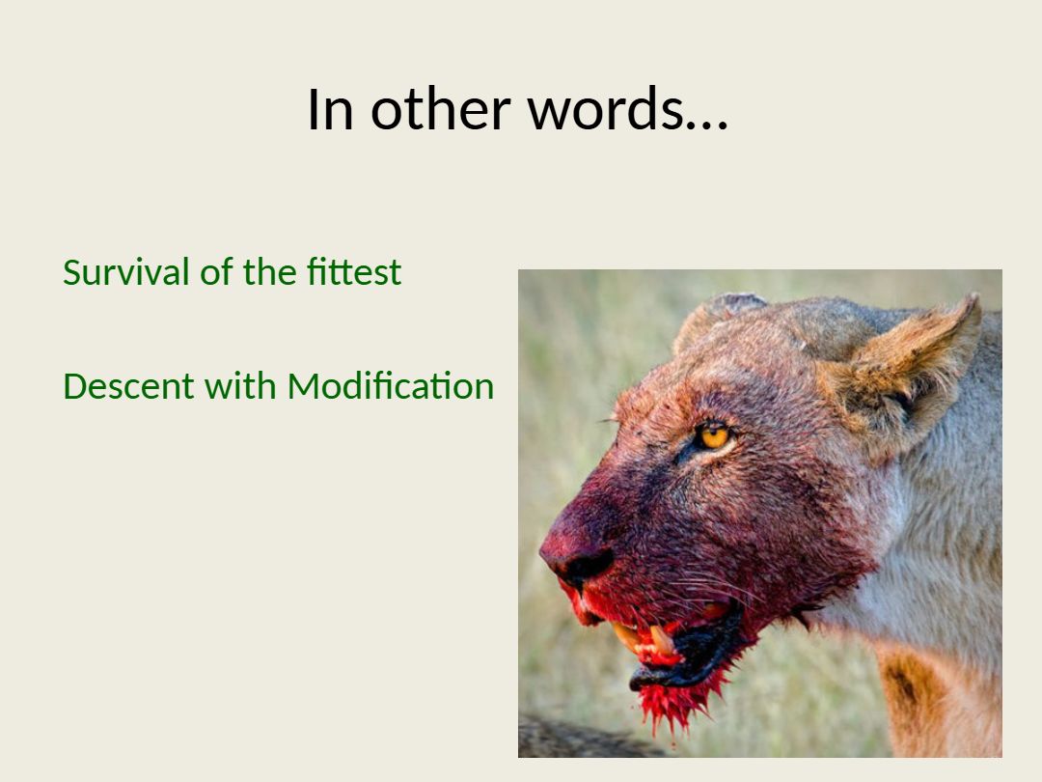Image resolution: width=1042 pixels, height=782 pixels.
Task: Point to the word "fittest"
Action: coord(354,271)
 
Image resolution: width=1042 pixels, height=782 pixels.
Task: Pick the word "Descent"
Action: coord(128,385)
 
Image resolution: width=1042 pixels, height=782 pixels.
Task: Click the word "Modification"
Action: coord(391,385)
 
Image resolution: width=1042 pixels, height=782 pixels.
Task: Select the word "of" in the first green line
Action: coord(216,271)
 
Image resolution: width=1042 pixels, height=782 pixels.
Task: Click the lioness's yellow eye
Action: coord(713,435)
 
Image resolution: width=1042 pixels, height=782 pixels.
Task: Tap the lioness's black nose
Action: coord(585,565)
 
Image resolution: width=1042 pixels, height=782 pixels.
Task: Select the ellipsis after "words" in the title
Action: coord(707,124)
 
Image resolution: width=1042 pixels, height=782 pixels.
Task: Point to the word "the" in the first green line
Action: coord(269,271)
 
